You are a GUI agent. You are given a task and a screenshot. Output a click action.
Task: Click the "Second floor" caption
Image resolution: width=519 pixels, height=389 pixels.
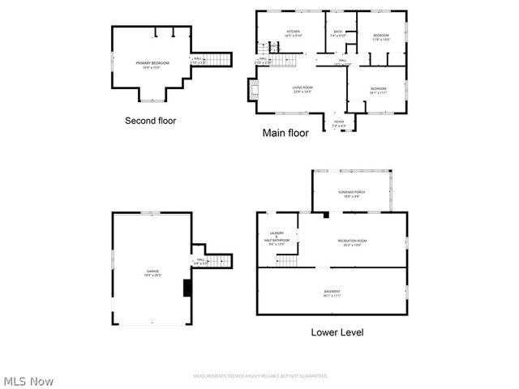coord(150,121)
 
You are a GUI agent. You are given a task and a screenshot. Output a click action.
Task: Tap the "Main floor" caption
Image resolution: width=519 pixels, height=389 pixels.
coord(285,133)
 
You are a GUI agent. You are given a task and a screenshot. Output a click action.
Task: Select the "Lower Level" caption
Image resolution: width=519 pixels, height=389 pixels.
coord(337,332)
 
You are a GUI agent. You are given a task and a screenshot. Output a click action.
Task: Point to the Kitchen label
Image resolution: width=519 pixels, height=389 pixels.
coord(293,34)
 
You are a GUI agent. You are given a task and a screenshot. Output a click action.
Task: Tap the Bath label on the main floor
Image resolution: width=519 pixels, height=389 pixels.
coord(338,34)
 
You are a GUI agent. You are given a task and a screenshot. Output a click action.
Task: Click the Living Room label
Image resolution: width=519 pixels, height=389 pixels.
coord(302,89)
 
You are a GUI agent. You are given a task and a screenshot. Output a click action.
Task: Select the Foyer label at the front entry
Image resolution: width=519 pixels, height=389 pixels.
coord(339,124)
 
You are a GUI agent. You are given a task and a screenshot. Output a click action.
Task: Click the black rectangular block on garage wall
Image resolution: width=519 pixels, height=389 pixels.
coord(187,289)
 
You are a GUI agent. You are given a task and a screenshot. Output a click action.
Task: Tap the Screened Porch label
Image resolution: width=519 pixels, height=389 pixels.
coord(351,194)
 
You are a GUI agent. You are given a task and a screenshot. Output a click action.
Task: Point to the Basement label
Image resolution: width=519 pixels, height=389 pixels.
coord(332,293)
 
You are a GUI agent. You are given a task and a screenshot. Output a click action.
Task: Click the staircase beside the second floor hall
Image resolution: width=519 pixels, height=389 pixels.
coord(221,58)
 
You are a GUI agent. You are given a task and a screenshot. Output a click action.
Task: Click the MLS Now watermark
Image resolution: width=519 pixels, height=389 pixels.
coord(28,380)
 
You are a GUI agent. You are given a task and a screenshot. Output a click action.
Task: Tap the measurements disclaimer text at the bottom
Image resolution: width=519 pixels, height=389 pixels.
coord(259,376)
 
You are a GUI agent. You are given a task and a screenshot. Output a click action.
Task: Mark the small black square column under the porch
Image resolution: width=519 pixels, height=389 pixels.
coord(325,215)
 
